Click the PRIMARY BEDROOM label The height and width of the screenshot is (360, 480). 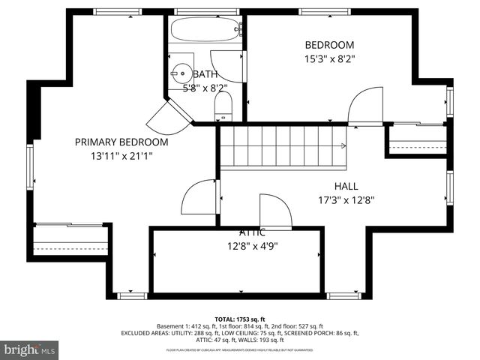click(x=121, y=142)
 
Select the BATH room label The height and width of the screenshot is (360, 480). click(x=205, y=74)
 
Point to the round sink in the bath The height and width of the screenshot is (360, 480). click(x=181, y=73)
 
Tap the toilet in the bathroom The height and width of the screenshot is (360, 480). click(x=224, y=111)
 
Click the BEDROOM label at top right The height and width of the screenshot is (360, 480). click(x=328, y=45)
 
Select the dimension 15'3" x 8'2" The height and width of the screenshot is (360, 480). click(x=328, y=58)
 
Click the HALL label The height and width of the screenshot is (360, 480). click(x=346, y=186)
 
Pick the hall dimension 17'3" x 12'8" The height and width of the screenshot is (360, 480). click(x=346, y=200)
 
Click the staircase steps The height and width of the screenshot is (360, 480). click(x=281, y=146)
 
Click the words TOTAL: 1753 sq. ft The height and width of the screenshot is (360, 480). click(x=239, y=319)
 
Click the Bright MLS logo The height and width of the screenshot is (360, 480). click(x=30, y=349)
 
